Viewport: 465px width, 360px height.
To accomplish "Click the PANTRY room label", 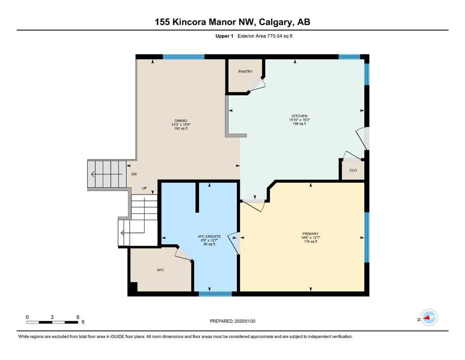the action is coord(245,72).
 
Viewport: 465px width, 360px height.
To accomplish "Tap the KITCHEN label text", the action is coord(299,116).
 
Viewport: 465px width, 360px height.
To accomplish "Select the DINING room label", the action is coord(181,121).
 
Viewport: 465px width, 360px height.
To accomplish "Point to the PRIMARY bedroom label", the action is coord(310,234).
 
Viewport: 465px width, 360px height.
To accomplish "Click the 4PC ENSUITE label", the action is coord(209,237).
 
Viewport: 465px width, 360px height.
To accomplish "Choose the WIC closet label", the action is coord(161,270).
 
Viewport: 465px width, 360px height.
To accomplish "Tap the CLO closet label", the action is coord(353,170).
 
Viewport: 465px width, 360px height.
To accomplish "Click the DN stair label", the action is coord(134,174).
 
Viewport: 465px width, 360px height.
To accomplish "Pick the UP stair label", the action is coord(144,188).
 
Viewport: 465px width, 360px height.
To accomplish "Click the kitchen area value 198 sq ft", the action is coord(299,123).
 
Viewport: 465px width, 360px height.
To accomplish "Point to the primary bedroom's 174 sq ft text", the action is coord(310,241).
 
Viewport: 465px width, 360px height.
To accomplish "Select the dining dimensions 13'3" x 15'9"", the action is coord(181,125).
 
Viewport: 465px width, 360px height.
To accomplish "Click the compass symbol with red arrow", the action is coord(429,317).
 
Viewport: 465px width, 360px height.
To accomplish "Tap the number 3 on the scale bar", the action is coord(52,317).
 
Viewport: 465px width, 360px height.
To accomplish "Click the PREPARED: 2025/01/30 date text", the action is coord(232,321).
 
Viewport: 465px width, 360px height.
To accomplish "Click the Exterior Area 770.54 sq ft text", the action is coord(265,36).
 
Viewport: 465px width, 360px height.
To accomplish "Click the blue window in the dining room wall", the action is coord(184,57).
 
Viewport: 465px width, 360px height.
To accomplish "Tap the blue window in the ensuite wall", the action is coord(215,294).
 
